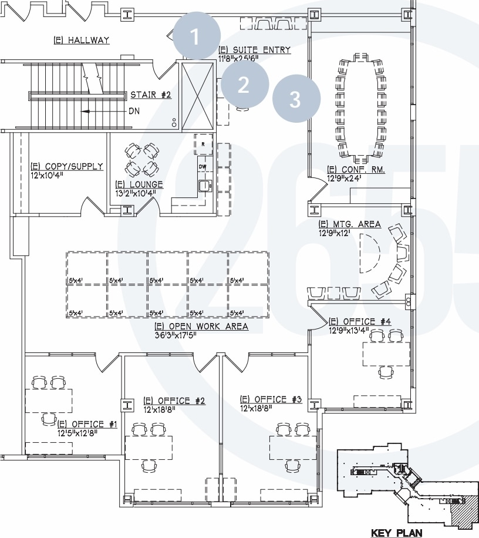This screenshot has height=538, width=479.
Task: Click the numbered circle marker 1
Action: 196,38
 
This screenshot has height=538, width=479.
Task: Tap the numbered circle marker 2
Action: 244,85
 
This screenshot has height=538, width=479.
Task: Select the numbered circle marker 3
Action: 296,99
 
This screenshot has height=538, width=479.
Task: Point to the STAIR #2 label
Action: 151,94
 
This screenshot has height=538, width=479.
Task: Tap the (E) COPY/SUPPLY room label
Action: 66,167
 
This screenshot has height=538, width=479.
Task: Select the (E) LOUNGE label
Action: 139,184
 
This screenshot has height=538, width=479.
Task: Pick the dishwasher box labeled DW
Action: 203,167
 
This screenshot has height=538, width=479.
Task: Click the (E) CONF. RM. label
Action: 355,170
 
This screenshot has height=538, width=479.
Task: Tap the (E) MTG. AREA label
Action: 349,224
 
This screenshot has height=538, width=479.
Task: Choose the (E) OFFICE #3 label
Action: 271,400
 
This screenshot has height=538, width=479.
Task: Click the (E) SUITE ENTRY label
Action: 254,50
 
